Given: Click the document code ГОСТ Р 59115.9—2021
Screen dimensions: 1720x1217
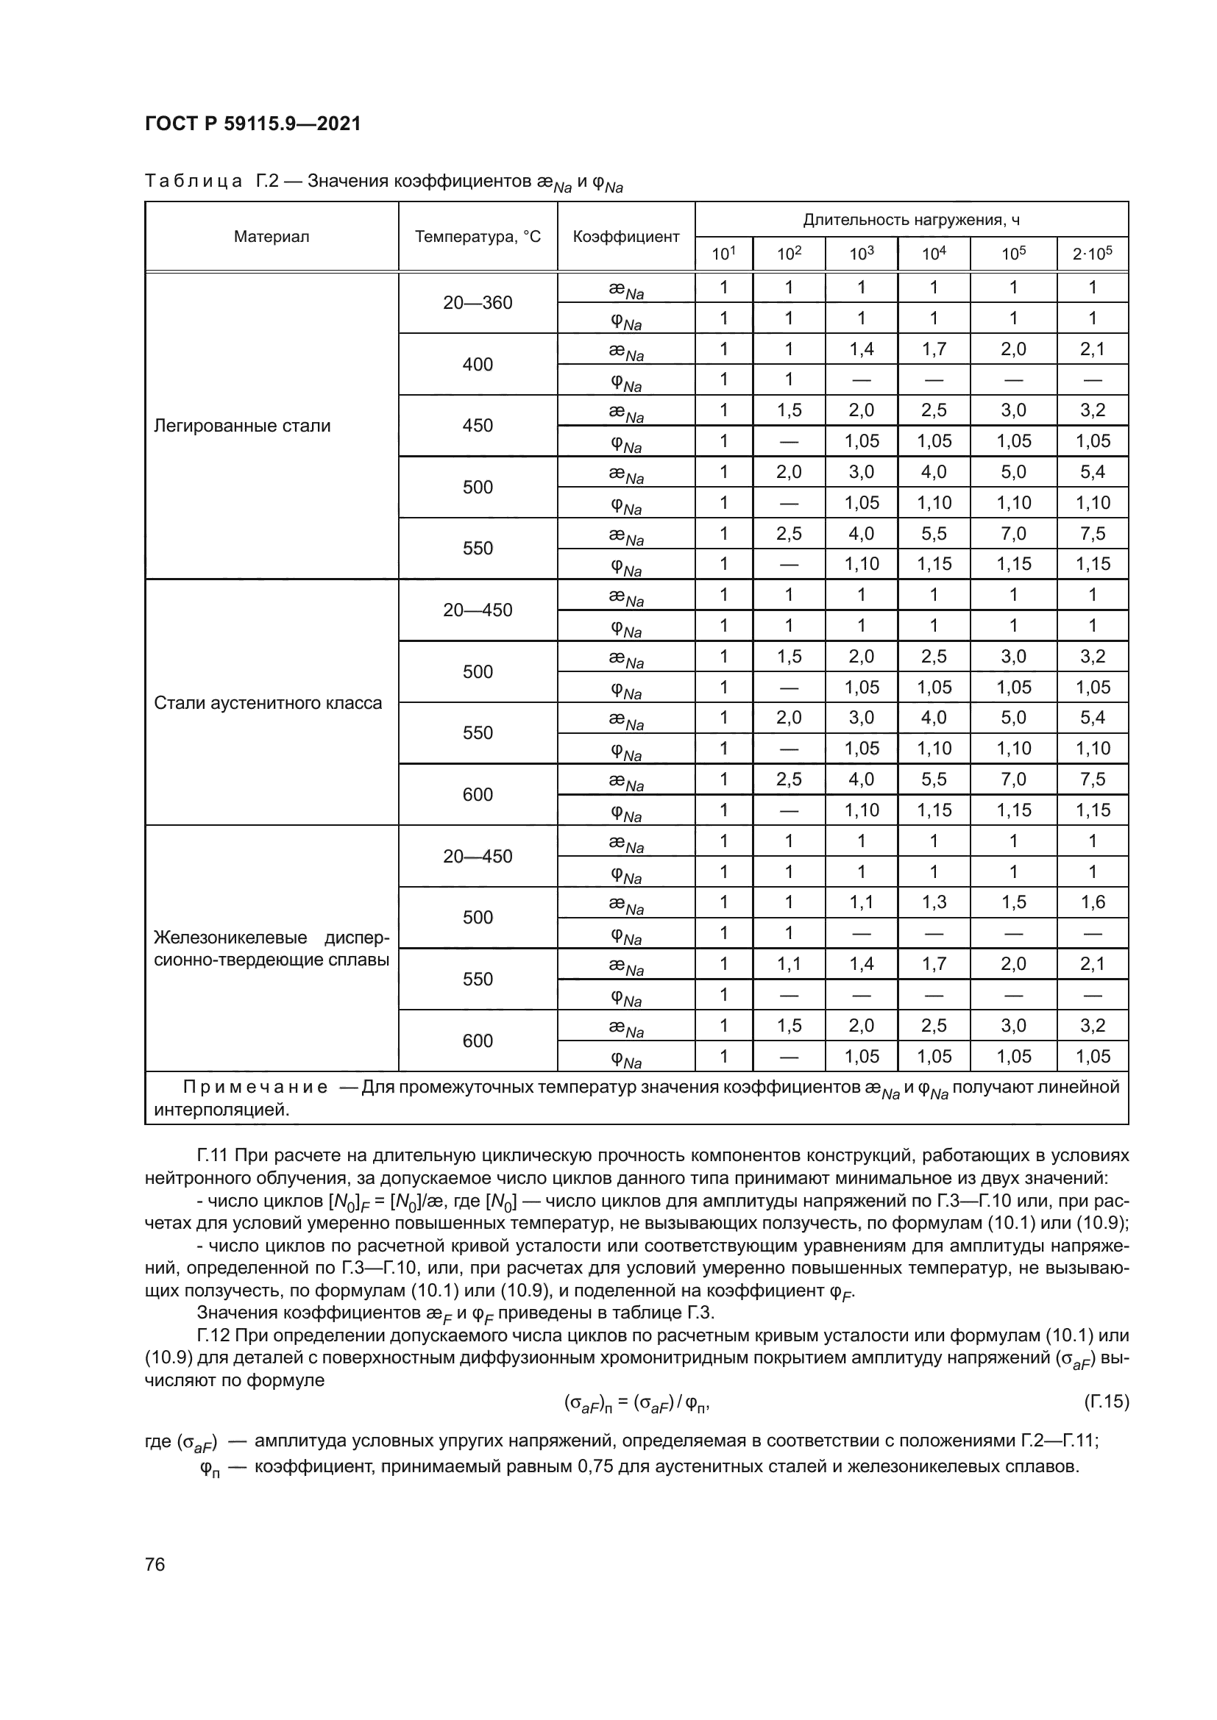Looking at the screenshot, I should point(252,124).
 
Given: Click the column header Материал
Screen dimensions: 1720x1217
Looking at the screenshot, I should point(272,237).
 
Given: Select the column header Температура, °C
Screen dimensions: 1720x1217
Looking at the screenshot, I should point(478,237).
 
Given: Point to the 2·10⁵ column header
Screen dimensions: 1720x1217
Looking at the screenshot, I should point(1092,254).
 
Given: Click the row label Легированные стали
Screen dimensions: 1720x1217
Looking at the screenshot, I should point(241,426).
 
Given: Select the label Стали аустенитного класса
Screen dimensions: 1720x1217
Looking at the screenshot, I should point(268,703).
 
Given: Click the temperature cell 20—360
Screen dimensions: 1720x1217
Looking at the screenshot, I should point(478,303).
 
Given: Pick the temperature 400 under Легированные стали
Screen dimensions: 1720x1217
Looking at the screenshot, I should point(478,365).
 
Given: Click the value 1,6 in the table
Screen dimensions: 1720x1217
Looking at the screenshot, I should point(1092,902).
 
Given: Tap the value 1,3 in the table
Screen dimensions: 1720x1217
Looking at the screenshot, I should point(934,902).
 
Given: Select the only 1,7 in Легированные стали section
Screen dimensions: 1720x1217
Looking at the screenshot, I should point(934,349).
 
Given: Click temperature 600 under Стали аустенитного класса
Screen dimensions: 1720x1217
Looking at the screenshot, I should point(478,794).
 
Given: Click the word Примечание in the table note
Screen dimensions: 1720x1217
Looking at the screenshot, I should point(255,1087).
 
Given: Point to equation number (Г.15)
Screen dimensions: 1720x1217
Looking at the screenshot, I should point(1105,1401).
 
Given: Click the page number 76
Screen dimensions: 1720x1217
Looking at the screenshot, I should point(155,1564).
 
